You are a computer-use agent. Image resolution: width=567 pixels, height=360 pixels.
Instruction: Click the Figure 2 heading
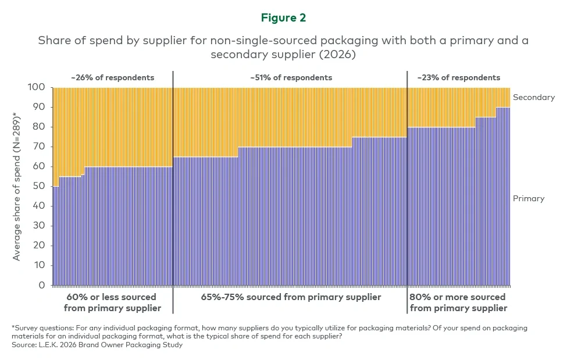point(283,18)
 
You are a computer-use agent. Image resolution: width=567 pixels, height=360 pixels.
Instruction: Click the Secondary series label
point(533,97)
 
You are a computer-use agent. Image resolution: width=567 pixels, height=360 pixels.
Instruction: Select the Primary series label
point(528,198)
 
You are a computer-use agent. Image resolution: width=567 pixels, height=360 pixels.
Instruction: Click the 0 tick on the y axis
point(42,286)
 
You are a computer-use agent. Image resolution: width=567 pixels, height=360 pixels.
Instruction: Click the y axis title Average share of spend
point(17,186)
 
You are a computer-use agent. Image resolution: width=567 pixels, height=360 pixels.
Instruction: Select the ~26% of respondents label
point(113,77)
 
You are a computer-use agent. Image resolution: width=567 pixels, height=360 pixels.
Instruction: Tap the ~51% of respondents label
point(291,77)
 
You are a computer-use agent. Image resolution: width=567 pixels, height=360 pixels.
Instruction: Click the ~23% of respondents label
point(458,77)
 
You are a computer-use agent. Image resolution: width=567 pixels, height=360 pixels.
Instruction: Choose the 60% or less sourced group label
point(112,302)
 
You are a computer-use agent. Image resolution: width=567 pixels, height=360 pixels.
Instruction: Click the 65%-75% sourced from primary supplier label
point(291,297)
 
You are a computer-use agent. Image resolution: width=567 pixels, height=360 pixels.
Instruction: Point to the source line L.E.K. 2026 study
point(98,345)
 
